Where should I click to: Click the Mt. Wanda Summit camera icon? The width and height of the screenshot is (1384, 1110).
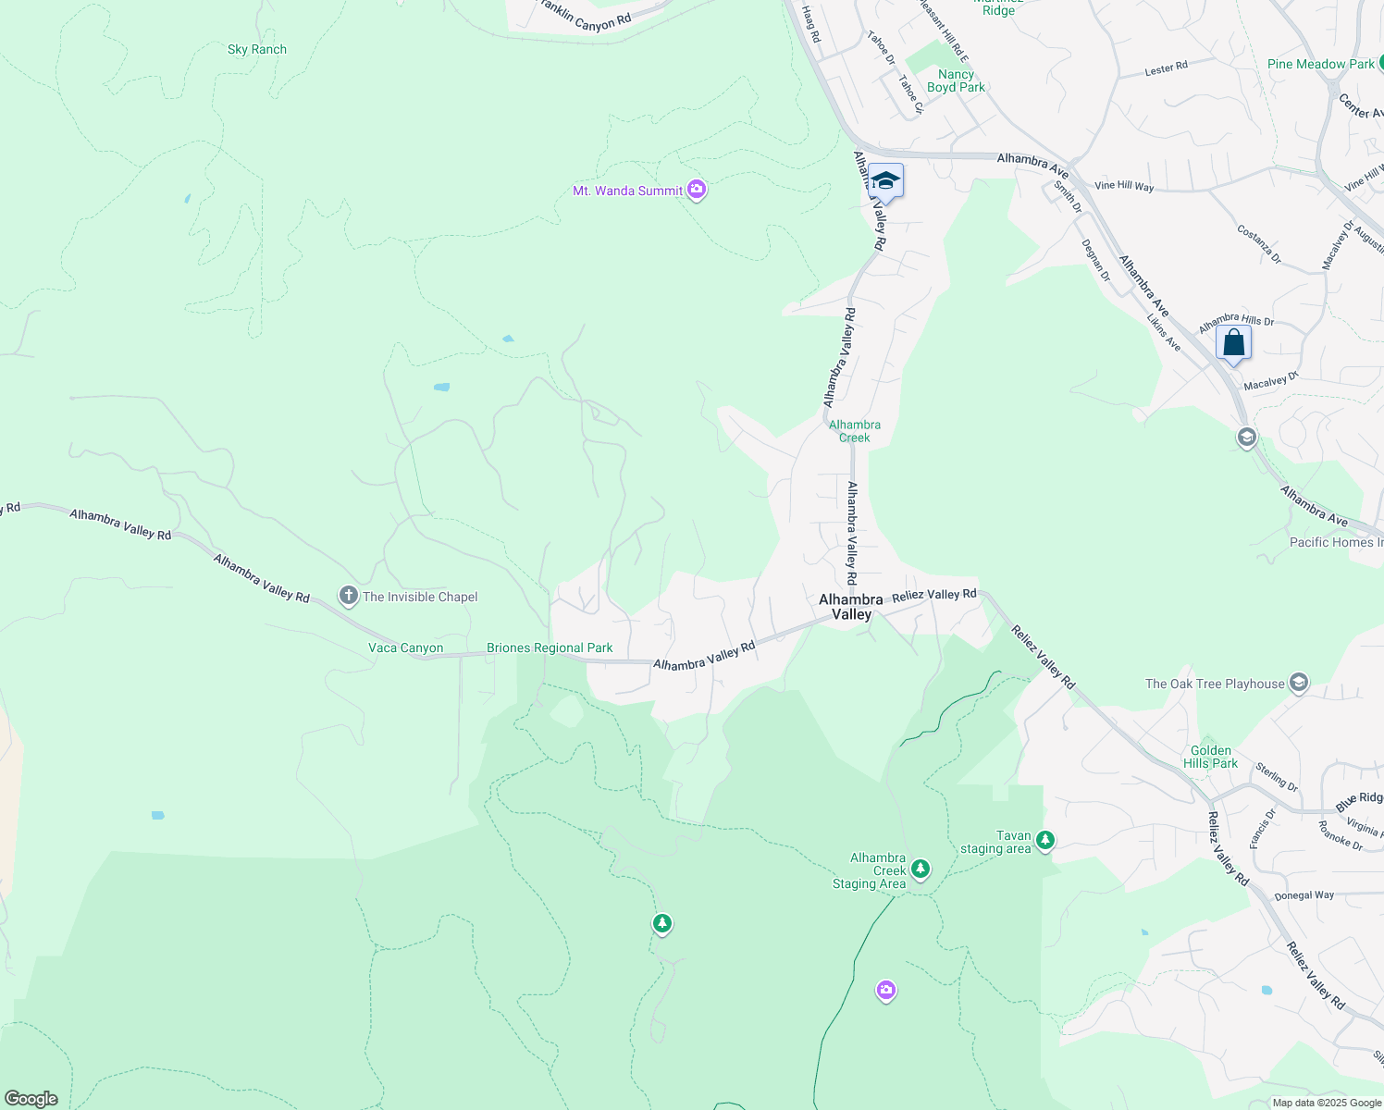coord(697,191)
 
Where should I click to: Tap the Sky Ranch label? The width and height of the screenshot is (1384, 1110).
coord(257,50)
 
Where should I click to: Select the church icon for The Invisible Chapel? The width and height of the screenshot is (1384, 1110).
coord(349,597)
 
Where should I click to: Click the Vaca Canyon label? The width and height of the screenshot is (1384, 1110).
coord(406,648)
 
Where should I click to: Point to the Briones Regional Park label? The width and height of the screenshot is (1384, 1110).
coord(550,648)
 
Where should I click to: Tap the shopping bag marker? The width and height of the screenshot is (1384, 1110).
coord(1233,342)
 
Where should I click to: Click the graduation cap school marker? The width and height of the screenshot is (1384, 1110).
coord(885,180)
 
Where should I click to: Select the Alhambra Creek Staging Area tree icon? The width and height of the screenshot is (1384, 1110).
coord(920,869)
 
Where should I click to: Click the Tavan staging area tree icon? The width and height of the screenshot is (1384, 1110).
coord(1045,841)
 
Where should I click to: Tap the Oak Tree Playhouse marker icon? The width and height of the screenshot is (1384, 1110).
coord(1299,684)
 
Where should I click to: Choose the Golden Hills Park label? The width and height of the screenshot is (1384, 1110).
coord(1211,757)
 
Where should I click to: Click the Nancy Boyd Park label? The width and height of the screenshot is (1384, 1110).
coord(956,80)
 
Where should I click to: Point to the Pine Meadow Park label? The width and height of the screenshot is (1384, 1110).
coord(1321,64)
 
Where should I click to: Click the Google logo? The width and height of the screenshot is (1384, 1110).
coord(31,1098)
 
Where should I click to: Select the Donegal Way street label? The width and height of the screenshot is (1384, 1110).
coord(1304,895)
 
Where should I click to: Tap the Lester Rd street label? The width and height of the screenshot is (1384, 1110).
coord(1166,68)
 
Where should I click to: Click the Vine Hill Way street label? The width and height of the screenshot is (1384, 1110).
coord(1124,186)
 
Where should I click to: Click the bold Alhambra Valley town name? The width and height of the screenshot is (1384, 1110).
coord(851,607)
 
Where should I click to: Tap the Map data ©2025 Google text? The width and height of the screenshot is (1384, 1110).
coord(1327,1103)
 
